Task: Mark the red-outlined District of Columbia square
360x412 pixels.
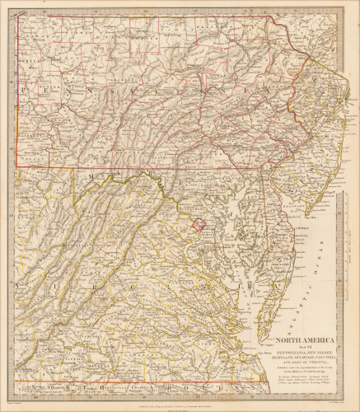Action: [198, 223]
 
